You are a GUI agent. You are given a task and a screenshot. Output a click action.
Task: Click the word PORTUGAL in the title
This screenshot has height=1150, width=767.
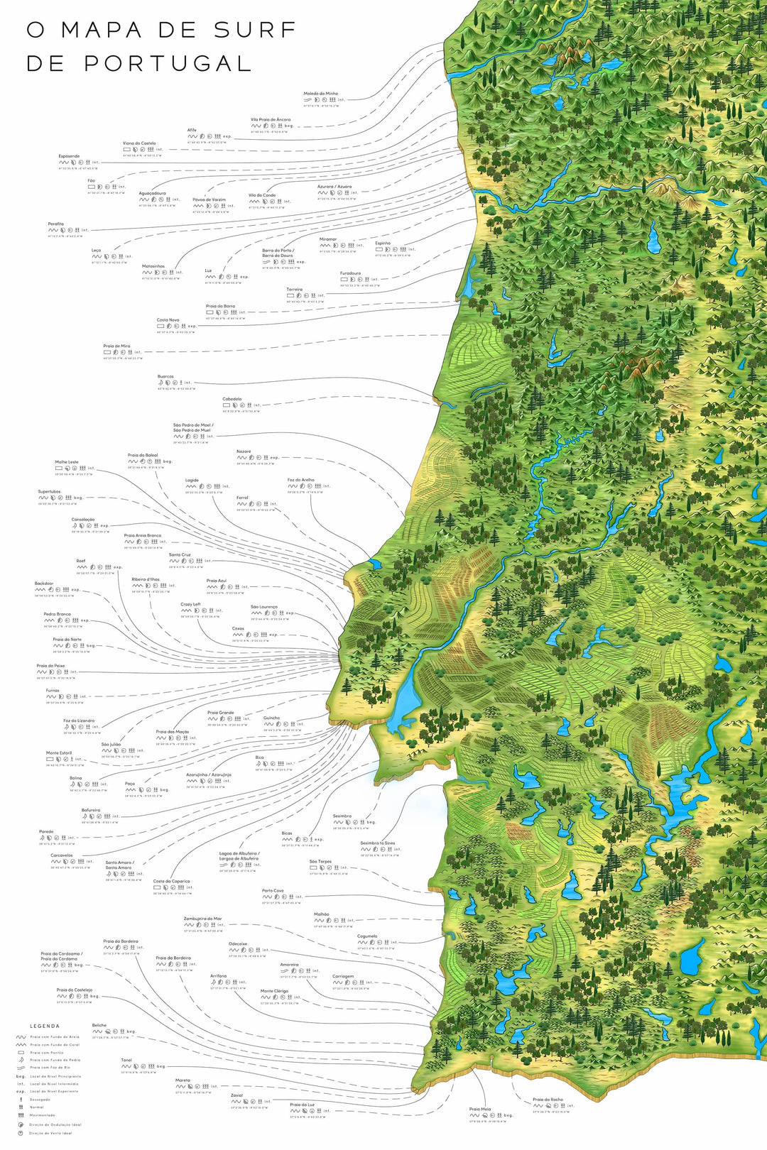168,63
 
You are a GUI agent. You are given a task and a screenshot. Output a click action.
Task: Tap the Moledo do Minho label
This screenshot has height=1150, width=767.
321,94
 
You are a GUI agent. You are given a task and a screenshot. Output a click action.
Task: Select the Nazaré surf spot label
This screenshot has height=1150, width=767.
244,451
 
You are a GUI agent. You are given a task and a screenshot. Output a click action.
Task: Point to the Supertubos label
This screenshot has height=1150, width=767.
50,491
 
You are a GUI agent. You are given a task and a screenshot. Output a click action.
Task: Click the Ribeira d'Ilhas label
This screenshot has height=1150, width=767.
146,579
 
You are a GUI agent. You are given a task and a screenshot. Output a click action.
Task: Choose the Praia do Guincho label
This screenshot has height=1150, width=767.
271,718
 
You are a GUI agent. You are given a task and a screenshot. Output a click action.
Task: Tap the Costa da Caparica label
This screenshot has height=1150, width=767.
171,881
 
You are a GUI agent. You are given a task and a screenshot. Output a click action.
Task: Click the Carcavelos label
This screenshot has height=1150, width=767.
62,855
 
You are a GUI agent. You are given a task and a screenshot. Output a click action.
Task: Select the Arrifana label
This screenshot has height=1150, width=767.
218,976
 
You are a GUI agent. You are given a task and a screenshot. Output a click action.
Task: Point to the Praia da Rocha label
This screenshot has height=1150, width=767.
548,1100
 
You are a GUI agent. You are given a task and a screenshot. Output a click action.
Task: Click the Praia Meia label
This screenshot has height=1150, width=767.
480,1109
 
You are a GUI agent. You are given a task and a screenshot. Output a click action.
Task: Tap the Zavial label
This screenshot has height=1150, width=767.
236,1095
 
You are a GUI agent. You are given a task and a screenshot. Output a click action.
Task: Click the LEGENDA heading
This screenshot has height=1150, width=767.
45,1026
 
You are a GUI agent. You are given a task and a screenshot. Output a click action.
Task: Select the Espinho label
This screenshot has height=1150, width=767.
383,243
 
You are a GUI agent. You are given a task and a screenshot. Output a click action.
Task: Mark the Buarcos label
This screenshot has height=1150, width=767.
165,377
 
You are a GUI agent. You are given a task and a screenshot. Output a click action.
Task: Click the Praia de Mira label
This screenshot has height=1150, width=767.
116,346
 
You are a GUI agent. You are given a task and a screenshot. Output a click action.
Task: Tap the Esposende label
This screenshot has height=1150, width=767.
69,156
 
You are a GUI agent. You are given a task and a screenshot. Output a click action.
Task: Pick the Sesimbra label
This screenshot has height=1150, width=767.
342,816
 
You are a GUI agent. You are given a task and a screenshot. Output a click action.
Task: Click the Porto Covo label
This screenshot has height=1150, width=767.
273,891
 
